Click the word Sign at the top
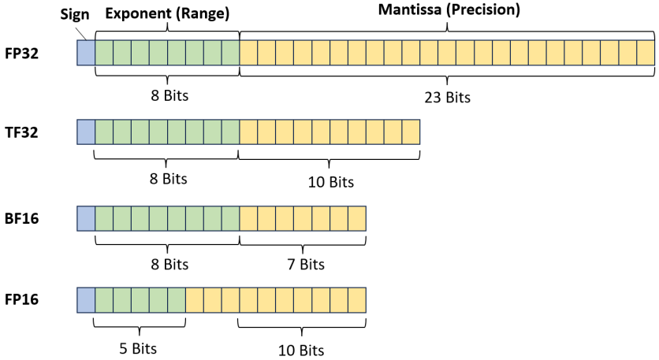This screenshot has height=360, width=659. (x=75, y=13)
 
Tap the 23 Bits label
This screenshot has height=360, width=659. (x=446, y=98)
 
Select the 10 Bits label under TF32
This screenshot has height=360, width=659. (x=329, y=182)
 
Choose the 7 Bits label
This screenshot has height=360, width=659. (x=302, y=264)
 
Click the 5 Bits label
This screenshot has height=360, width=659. (x=139, y=346)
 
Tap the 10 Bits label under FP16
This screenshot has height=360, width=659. (x=302, y=349)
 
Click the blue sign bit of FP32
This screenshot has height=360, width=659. (x=85, y=52)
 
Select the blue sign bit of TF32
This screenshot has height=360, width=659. (x=85, y=131)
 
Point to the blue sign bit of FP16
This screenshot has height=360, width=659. (x=85, y=300)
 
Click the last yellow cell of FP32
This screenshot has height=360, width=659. (x=645, y=52)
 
